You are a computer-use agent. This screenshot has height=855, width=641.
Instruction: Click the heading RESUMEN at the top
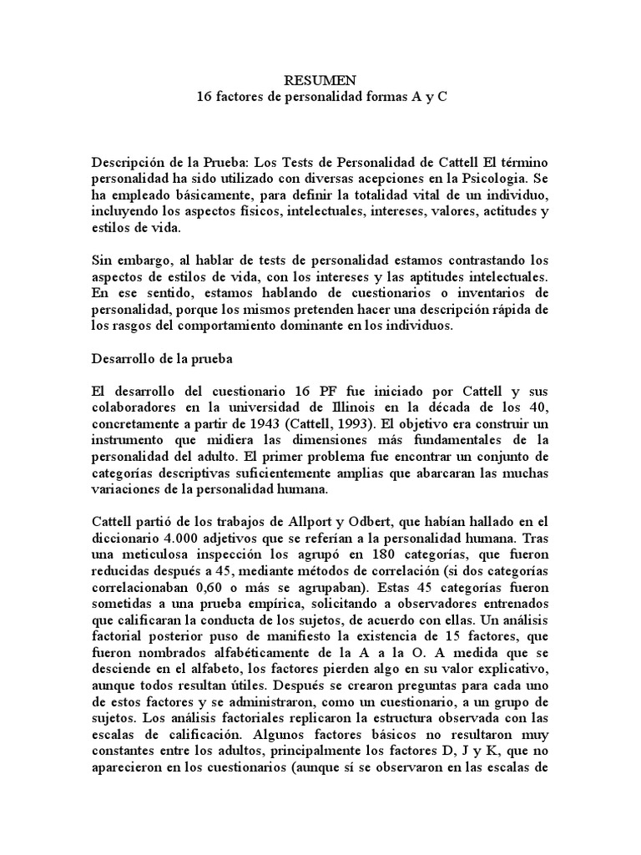coord(321,80)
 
